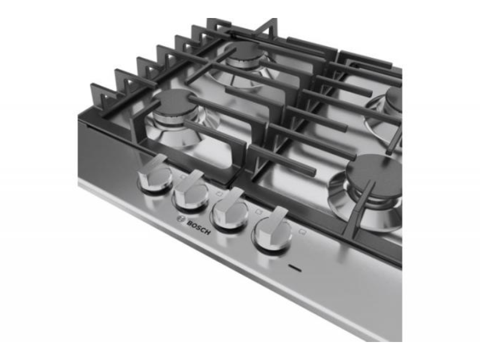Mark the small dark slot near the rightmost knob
(x=294, y=267)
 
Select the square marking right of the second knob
(x=219, y=193)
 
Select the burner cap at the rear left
(x=247, y=52)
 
